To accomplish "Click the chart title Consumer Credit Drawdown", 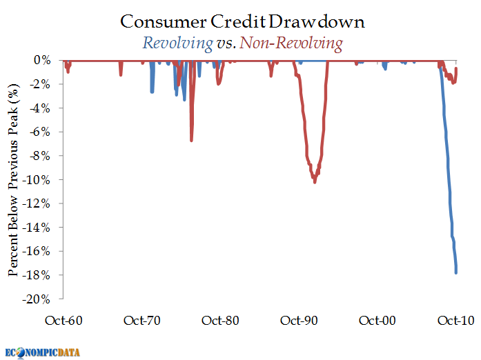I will point(242,22).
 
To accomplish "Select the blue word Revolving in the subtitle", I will point(177,43).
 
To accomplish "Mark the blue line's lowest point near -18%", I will point(456,273).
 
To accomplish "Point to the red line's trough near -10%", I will point(315,182).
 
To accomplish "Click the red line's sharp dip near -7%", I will point(192,141).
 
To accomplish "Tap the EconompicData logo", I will point(43,352).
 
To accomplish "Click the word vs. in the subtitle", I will point(225,43).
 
